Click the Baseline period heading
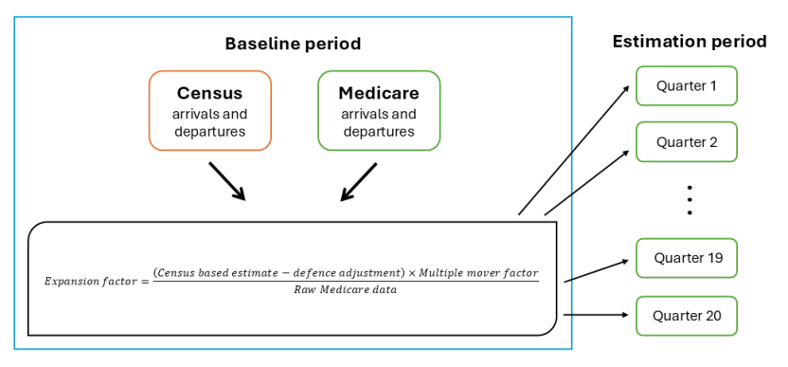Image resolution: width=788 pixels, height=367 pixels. pyautogui.click(x=293, y=44)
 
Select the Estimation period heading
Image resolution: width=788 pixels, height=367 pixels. pyautogui.click(x=689, y=41)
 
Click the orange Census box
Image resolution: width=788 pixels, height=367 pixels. pyautogui.click(x=210, y=110)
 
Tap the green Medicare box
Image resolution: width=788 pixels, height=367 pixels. pyautogui.click(x=378, y=110)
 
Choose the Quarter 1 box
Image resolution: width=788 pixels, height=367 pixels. pyautogui.click(x=687, y=85)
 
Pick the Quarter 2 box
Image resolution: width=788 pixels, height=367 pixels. pyautogui.click(x=687, y=142)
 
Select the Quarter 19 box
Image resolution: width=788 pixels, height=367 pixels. pyautogui.click(x=687, y=258)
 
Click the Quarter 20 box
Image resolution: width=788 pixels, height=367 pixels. pyautogui.click(x=687, y=315)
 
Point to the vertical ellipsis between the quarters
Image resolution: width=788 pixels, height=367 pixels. pyautogui.click(x=690, y=200)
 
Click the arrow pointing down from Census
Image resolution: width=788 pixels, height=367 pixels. pyautogui.click(x=226, y=180)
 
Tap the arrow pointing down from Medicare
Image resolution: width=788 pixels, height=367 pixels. pyautogui.click(x=361, y=180)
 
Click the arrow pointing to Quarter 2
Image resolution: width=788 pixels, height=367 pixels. pyautogui.click(x=587, y=181)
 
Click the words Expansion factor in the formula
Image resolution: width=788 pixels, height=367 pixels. pyautogui.click(x=90, y=282)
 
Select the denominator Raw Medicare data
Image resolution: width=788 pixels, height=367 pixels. pyautogui.click(x=345, y=290)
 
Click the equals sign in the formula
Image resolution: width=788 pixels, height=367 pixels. pyautogui.click(x=144, y=282)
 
